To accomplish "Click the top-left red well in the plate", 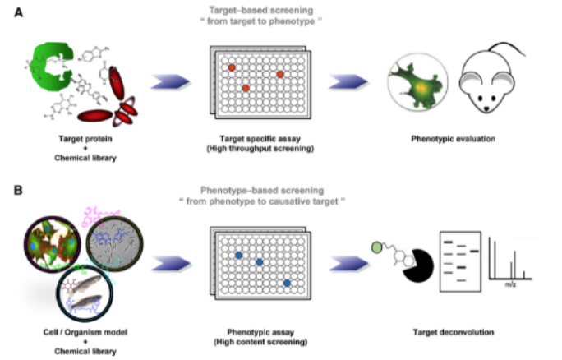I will click(232, 67).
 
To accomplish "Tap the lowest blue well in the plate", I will click(287, 283).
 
